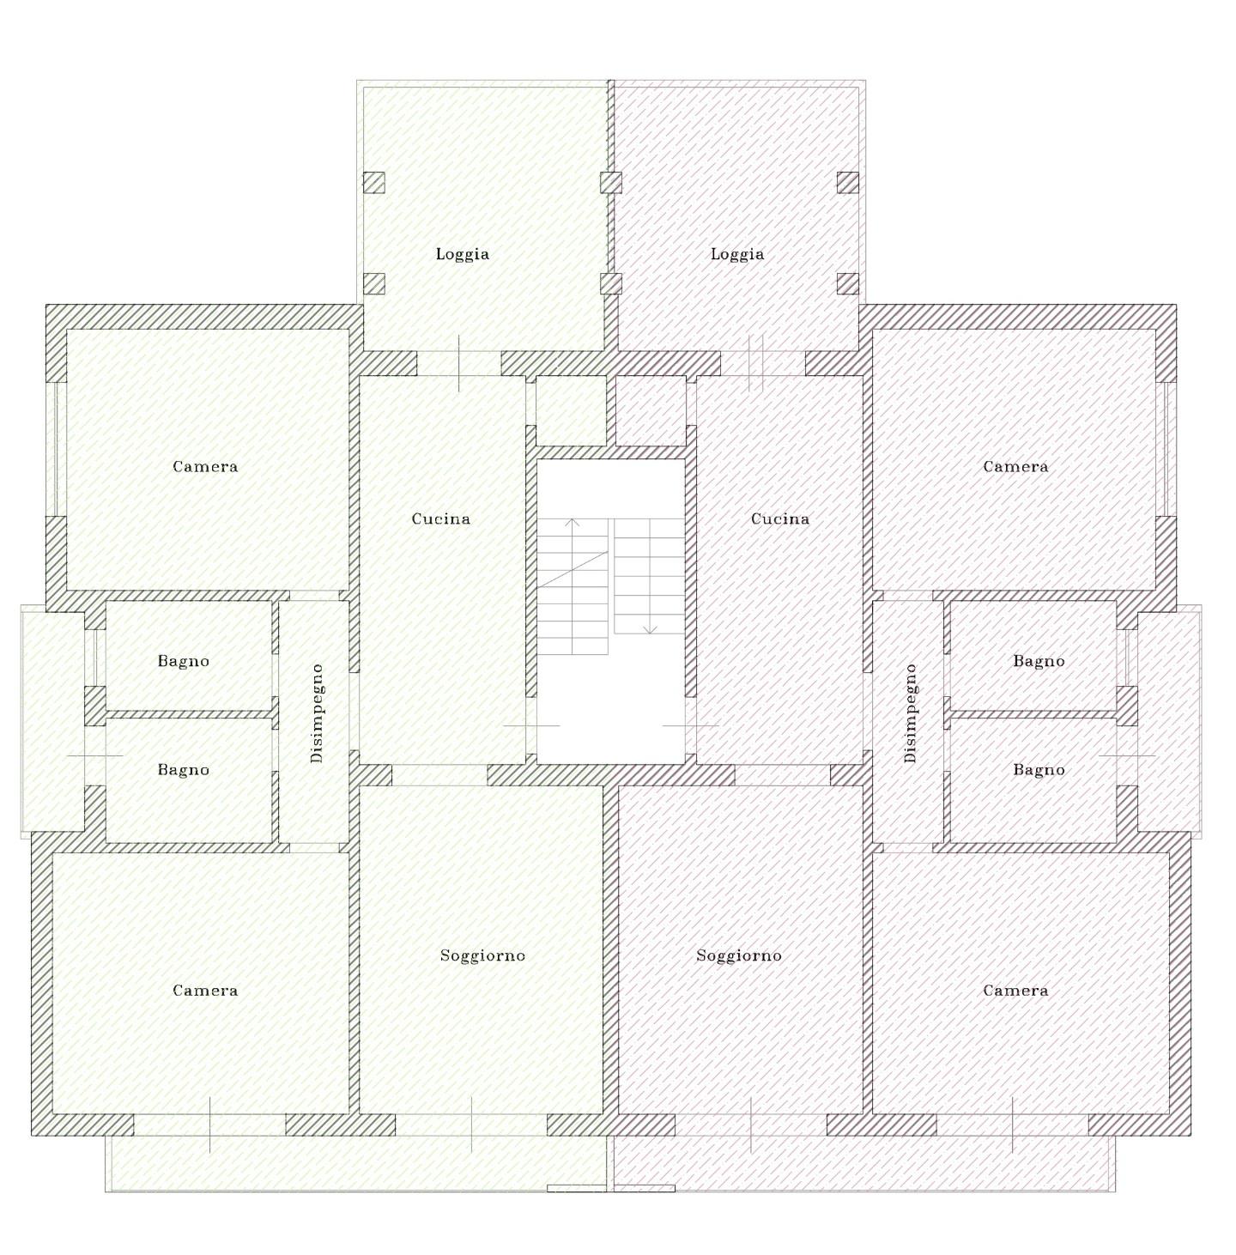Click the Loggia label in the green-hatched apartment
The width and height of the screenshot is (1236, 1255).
click(x=462, y=254)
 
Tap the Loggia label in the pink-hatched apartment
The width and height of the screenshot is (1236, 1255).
click(x=736, y=254)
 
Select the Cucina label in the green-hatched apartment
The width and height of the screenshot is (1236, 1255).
click(x=441, y=519)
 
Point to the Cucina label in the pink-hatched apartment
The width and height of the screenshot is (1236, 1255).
click(x=779, y=519)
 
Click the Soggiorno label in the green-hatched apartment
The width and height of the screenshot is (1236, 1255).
click(x=482, y=955)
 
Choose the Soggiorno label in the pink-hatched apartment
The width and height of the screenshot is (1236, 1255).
click(x=738, y=955)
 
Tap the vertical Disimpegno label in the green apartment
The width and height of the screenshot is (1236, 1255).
click(x=317, y=713)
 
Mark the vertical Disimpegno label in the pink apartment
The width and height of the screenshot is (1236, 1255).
click(x=910, y=713)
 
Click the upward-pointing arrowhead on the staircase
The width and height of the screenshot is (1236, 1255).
click(x=572, y=522)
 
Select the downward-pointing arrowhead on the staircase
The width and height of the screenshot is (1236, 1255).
click(x=649, y=630)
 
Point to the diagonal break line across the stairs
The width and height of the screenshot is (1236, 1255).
click(x=573, y=569)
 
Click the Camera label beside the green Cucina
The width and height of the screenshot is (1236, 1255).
click(x=205, y=466)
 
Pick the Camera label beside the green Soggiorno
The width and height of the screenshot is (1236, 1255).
click(x=205, y=991)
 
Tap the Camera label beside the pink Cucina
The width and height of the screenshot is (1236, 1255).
click(x=1015, y=466)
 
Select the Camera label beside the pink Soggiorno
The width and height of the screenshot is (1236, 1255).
click(x=1015, y=991)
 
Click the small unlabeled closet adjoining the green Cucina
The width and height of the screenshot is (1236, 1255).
click(x=571, y=411)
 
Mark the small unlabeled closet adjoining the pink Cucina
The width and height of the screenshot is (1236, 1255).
click(x=651, y=411)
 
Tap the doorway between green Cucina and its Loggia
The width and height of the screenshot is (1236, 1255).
click(x=459, y=363)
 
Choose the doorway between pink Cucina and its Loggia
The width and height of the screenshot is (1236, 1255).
click(x=763, y=363)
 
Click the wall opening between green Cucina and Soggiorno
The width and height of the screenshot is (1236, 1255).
click(x=439, y=775)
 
